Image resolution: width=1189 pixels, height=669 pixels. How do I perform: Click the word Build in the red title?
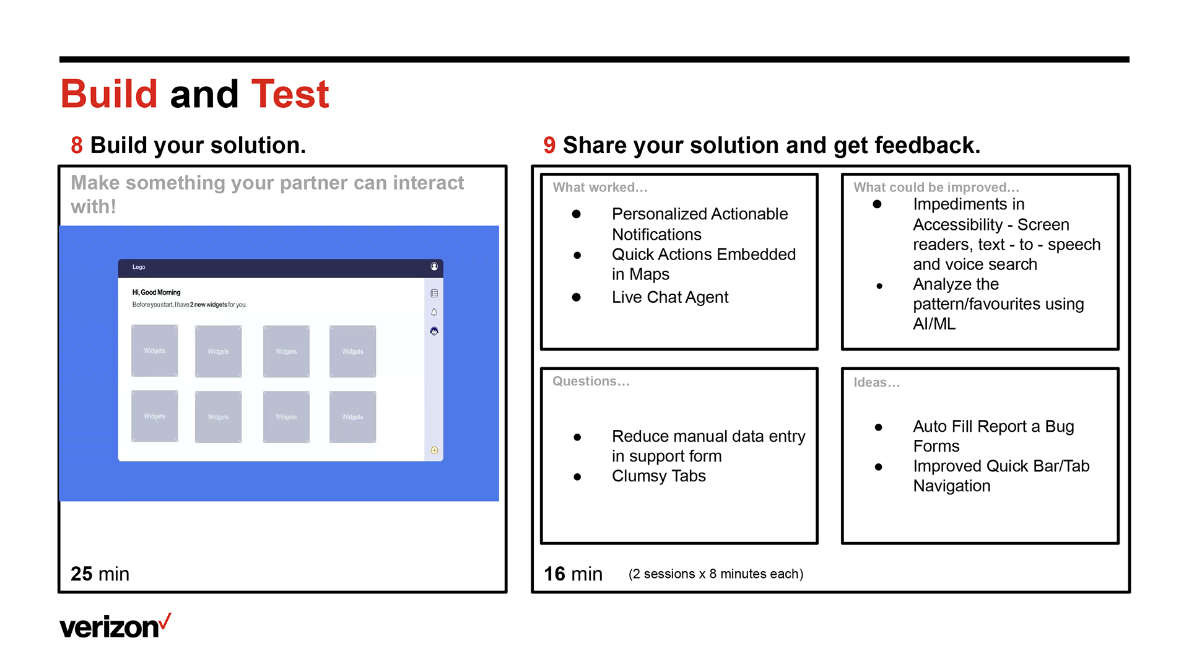109,94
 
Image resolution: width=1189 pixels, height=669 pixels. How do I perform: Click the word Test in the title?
290,94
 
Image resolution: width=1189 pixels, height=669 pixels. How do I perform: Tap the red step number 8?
77,146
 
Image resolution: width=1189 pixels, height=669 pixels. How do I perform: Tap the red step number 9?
549,146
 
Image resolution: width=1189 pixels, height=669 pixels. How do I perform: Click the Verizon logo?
115,626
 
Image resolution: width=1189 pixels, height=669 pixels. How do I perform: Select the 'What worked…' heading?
600,187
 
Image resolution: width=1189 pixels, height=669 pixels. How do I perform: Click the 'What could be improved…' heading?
936,187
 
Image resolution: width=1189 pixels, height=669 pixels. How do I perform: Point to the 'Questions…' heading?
591,381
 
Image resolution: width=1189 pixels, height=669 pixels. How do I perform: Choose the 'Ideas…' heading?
877,382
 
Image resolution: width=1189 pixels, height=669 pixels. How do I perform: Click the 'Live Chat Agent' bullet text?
670,297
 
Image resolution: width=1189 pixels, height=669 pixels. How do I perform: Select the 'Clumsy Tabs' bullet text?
659,476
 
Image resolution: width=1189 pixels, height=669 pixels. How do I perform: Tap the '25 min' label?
100,574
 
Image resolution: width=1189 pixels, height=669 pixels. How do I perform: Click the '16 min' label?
573,574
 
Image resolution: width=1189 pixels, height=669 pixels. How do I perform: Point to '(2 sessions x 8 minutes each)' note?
716,574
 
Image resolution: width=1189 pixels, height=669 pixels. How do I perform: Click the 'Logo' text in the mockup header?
139,267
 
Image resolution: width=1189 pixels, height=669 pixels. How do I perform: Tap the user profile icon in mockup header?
434,266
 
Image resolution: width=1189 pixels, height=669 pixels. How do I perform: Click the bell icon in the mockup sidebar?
434,312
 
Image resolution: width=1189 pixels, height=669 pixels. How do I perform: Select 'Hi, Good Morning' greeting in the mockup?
156,292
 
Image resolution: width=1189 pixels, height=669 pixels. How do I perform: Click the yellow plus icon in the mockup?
434,450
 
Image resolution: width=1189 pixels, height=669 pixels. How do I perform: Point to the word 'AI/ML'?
934,324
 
